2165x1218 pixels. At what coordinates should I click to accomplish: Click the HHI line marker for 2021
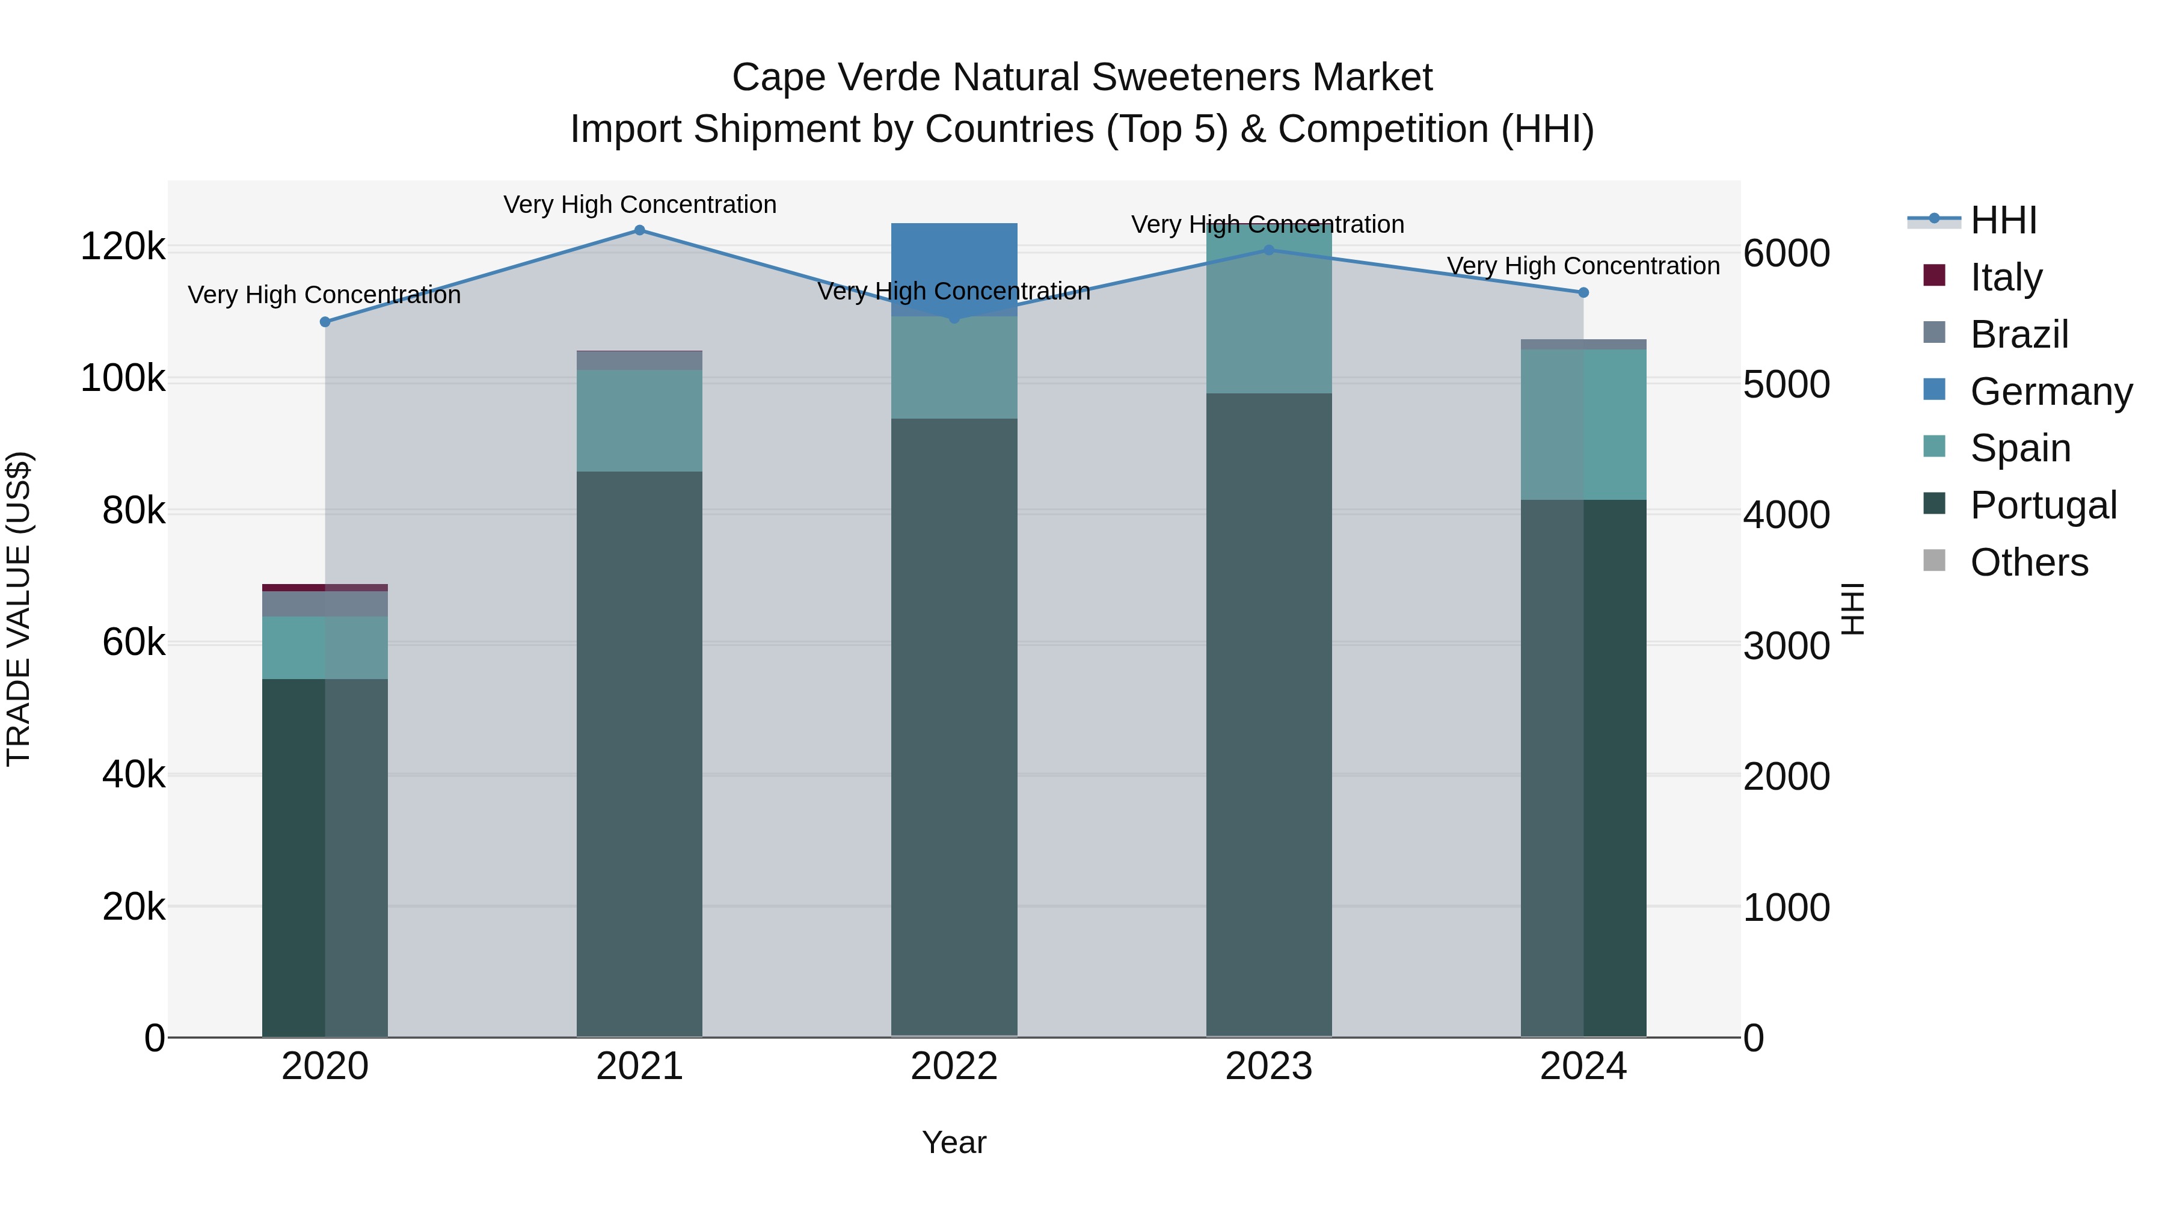pos(640,230)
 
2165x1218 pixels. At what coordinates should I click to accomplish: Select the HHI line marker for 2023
pos(1269,250)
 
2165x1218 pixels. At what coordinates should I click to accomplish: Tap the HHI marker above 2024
pos(1583,292)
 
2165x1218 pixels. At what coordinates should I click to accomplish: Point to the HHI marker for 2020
pos(325,322)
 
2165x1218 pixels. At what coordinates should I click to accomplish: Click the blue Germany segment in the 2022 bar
pos(954,260)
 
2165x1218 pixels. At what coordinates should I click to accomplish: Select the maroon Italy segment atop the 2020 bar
pos(325,588)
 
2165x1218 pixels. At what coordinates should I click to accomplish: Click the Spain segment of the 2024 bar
pos(1583,425)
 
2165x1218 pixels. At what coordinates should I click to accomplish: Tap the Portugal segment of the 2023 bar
pos(1269,715)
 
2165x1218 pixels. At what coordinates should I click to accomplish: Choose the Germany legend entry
pos(2051,392)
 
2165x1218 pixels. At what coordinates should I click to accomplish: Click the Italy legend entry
pos(2005,277)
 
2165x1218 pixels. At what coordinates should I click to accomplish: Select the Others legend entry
pos(2029,562)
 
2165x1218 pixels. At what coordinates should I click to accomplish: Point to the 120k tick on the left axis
pos(123,247)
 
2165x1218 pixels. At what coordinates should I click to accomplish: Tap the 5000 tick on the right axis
pos(1786,384)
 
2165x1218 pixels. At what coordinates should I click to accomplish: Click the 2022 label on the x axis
pos(954,1066)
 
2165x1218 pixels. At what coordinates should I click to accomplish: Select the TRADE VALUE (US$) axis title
pos(19,609)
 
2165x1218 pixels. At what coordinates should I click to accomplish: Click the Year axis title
pos(954,1142)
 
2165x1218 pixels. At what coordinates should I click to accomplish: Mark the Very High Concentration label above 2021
pos(640,205)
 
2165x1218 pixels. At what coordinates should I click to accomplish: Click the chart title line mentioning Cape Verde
pos(1082,78)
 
